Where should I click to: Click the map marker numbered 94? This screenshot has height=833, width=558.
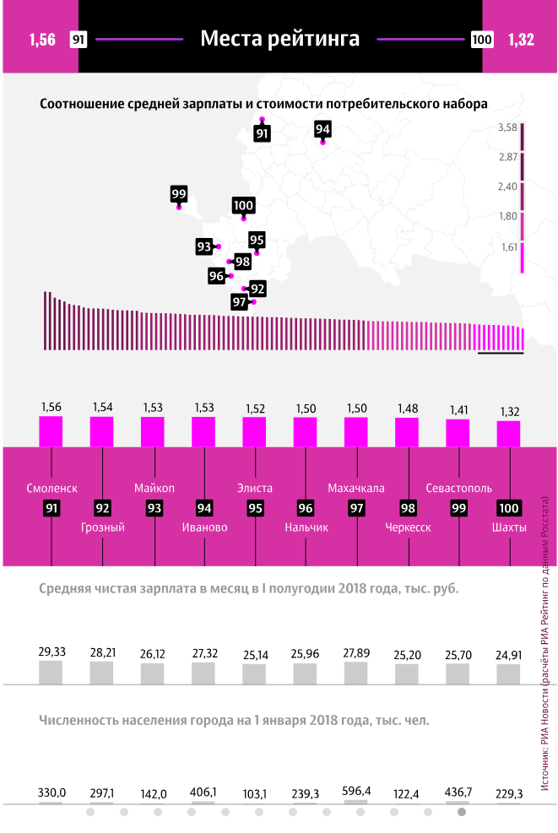322,129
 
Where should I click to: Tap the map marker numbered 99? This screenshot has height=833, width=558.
178,194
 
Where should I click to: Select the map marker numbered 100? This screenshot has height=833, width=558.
243,206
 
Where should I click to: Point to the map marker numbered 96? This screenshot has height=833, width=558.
217,276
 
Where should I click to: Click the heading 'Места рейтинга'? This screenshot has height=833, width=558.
279,39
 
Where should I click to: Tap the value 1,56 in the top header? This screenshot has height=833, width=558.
41,40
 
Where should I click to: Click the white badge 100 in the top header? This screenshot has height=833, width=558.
482,40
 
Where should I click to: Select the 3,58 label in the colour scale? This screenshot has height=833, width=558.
507,127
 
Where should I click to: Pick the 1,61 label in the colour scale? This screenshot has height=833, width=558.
508,247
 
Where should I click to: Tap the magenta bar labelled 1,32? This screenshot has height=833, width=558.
509,433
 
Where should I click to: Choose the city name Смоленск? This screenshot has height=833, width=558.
51,488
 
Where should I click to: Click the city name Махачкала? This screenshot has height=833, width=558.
355,488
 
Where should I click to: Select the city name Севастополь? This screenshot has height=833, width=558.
458,488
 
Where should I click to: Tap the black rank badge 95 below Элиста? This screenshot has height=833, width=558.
255,508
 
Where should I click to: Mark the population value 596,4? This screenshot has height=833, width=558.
356,792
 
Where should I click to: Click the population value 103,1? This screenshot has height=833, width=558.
255,792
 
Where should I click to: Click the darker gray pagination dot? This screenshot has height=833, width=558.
461,812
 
